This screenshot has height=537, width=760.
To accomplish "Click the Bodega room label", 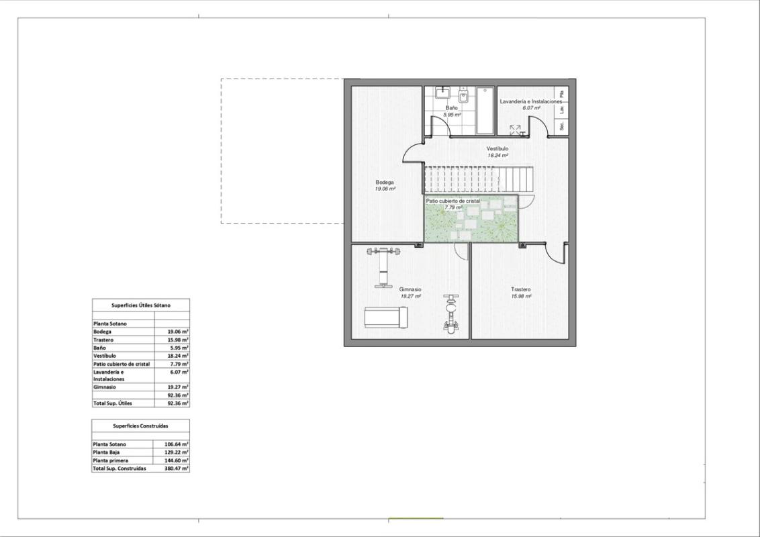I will (x=385, y=182).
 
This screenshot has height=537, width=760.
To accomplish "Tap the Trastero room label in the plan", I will (x=520, y=289).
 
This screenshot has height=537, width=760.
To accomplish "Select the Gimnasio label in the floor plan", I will (x=410, y=289).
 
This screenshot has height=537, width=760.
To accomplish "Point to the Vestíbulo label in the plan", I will (x=497, y=148).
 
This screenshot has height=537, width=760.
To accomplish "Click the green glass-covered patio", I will (x=471, y=219).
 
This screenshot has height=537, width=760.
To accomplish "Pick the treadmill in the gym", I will (x=385, y=317).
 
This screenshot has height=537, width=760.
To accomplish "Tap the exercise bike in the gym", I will (x=450, y=313).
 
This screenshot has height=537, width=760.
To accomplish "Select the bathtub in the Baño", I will (x=485, y=110).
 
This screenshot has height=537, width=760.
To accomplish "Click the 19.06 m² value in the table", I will (x=177, y=332).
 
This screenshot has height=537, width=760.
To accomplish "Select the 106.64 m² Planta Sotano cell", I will (x=176, y=444).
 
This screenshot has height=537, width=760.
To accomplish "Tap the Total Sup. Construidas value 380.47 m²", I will (x=176, y=469).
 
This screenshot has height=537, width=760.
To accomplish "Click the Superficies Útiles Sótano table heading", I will (x=141, y=305).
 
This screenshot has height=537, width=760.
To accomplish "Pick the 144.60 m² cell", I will (x=176, y=460).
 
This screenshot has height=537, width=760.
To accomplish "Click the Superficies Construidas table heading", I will (x=141, y=426).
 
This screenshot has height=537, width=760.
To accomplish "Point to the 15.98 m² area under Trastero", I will (x=521, y=296).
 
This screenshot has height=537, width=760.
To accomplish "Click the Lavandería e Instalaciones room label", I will (x=530, y=101).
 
